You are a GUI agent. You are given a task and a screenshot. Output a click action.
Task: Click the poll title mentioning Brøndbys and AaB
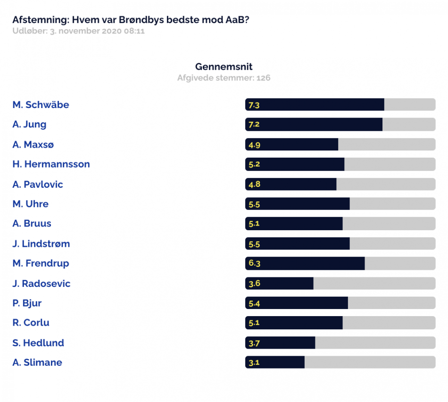(131, 20)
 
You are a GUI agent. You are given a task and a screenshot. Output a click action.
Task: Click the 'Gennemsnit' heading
(224, 67)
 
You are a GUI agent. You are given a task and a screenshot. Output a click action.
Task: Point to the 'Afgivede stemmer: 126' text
(224, 78)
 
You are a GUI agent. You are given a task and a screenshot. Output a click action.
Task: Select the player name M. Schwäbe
(41, 105)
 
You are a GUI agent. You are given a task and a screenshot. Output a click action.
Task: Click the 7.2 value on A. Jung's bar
(254, 125)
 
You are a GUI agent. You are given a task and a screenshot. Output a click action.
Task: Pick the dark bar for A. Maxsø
(292, 144)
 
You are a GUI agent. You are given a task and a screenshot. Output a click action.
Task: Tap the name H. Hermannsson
(51, 164)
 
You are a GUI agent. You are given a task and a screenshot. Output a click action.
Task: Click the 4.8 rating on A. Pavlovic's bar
(254, 184)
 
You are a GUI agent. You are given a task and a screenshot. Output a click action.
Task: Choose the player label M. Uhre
(30, 204)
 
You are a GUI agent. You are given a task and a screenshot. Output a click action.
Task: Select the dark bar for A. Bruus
(294, 224)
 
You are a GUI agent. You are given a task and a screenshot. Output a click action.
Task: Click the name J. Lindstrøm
(41, 243)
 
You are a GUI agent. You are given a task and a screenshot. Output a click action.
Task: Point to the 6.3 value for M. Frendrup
(254, 263)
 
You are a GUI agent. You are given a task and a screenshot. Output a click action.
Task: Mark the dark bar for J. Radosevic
(280, 284)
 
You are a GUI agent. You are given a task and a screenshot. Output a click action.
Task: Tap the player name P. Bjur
(27, 303)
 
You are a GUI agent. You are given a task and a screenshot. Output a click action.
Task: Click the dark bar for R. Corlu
(294, 323)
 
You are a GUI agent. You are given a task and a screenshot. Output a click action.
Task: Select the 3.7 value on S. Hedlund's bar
(254, 343)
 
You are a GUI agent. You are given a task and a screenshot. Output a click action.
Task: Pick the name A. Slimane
(37, 362)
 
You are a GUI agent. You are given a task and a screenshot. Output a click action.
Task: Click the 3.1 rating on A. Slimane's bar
(254, 362)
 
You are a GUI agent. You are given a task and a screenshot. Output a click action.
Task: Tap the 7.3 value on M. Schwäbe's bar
(254, 105)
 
